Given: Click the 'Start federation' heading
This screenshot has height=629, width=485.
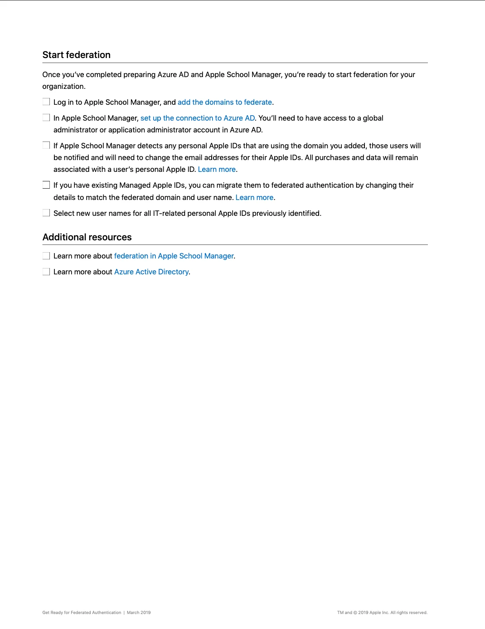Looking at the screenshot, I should [77, 55].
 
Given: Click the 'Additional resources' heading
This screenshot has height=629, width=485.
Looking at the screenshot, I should [87, 237].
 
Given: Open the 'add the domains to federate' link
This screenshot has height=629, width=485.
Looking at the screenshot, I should [225, 102].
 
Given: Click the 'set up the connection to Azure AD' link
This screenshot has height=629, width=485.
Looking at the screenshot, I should [198, 118].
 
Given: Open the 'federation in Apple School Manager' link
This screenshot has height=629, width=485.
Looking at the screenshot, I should [174, 256].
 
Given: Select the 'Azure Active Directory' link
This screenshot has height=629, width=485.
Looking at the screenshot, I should [151, 272].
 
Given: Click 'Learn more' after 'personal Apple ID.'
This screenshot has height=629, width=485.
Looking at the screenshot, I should [217, 170].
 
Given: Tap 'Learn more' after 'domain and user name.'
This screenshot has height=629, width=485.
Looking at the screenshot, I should [254, 198].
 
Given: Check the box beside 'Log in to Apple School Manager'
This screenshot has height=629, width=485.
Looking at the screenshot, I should [46, 102].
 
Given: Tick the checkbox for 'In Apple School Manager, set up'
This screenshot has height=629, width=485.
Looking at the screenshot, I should [46, 118].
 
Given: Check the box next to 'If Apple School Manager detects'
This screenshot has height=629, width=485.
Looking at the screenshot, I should [46, 146].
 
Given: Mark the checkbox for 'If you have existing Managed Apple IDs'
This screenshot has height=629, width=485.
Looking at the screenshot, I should [46, 185].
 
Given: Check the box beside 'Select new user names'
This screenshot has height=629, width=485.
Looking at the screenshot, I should [46, 213].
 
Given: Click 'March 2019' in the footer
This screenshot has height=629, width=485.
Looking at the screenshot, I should [139, 613].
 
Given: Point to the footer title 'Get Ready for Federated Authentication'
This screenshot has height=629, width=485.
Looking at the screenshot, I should [82, 613].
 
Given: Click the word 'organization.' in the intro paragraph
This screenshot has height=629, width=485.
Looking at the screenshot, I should [64, 87].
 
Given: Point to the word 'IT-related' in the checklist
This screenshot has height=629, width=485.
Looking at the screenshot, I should [169, 214].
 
